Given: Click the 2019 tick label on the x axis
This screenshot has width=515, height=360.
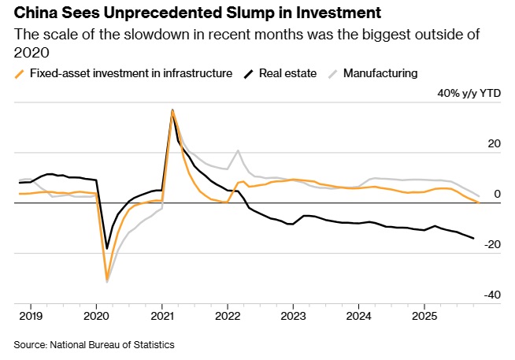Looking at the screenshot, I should pyautogui.click(x=31, y=315).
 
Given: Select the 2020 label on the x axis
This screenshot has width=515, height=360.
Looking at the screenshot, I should pyautogui.click(x=96, y=315).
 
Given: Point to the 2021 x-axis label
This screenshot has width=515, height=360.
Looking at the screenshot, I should pyautogui.click(x=161, y=315).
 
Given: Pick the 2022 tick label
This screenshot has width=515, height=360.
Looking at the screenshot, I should pyautogui.click(x=228, y=315).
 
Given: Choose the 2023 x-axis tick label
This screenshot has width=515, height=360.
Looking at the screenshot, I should pyautogui.click(x=293, y=315).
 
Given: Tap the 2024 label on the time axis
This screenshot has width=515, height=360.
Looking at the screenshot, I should pyautogui.click(x=358, y=315).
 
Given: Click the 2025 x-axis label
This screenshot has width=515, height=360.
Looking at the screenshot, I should pyautogui.click(x=424, y=315).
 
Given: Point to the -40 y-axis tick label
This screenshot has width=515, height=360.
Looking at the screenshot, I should pyautogui.click(x=492, y=295).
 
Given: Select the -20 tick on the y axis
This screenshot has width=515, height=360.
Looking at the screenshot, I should pyautogui.click(x=492, y=244).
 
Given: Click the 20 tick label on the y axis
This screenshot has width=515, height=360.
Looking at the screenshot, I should pyautogui.click(x=495, y=143).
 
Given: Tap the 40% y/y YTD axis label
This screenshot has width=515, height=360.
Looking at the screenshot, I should pyautogui.click(x=469, y=93).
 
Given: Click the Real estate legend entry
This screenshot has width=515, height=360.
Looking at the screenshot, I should pyautogui.click(x=288, y=73).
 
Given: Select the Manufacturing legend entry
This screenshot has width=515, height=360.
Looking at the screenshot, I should pyautogui.click(x=381, y=73).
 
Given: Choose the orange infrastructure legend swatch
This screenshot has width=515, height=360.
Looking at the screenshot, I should pyautogui.click(x=20, y=73).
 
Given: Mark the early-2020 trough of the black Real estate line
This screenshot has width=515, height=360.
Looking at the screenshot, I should pyautogui.click(x=107, y=249).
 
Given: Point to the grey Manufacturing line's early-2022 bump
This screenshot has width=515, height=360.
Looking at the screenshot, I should pyautogui.click(x=238, y=150).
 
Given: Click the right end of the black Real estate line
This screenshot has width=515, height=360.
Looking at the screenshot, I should pyautogui.click(x=473, y=238).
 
